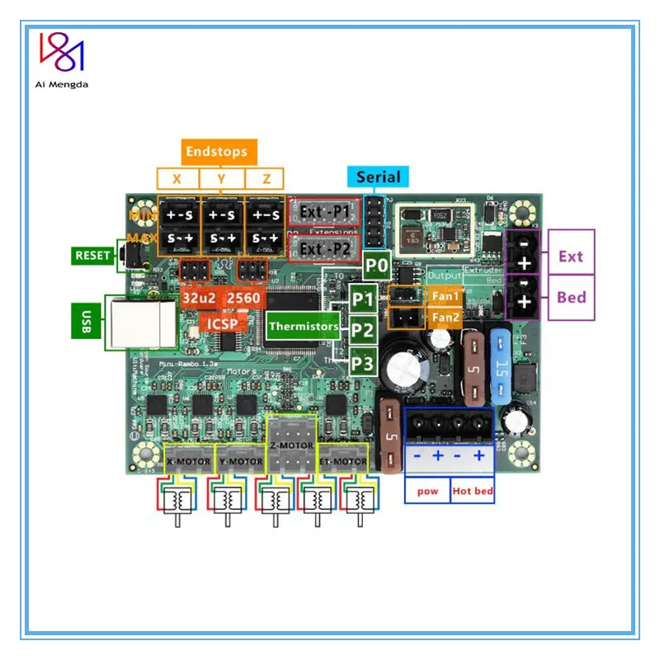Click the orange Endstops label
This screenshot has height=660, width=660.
point(216,152)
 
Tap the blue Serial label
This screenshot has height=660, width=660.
point(379,177)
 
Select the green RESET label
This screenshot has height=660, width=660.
point(92,256)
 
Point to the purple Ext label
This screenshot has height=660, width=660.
point(570,257)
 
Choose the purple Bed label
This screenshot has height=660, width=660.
point(570,297)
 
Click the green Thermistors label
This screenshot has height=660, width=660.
point(303,326)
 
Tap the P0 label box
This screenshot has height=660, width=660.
point(377,266)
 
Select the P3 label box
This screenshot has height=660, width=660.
point(363,362)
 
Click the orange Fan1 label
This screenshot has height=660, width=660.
point(445,295)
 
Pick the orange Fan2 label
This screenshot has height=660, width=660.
point(445,317)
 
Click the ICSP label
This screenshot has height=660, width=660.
point(222,323)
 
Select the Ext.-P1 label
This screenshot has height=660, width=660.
point(323,212)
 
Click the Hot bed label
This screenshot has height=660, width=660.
point(473,492)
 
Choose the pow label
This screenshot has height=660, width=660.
point(427,492)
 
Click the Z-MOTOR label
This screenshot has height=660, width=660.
point(291,445)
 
